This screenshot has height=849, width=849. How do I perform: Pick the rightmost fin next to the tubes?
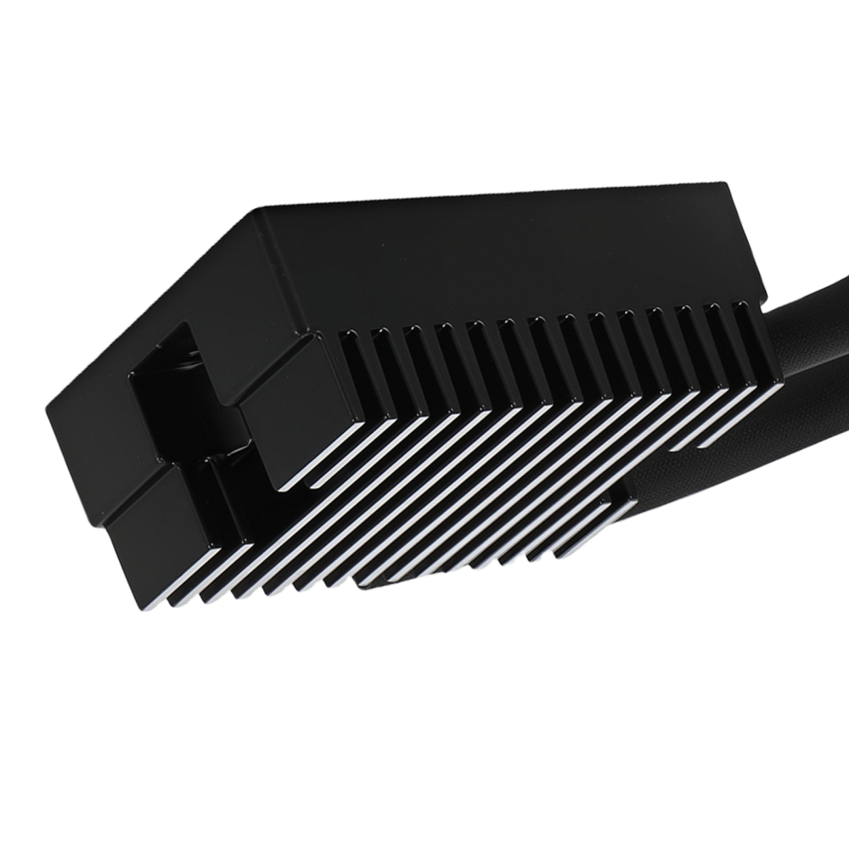point(760,357)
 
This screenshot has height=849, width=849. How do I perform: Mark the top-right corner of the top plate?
point(727,184)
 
